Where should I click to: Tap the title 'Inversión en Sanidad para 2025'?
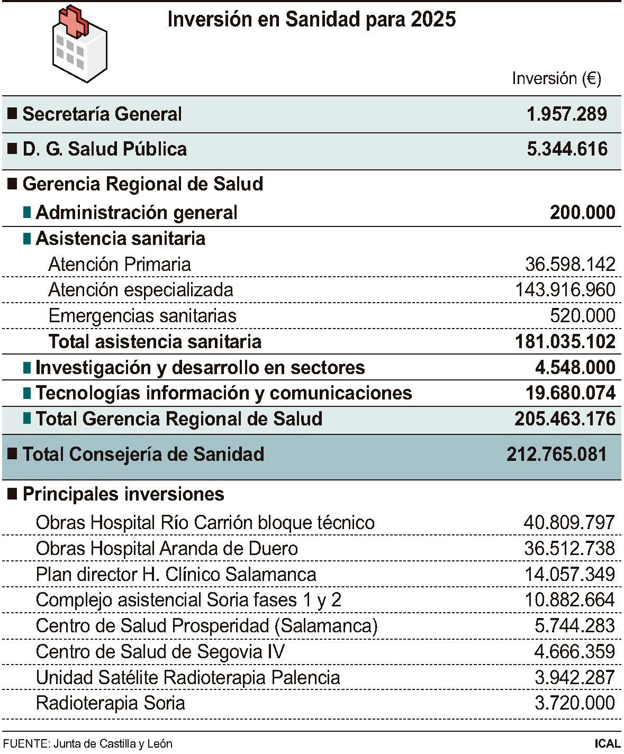click(311, 20)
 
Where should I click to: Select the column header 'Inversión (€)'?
click(556, 78)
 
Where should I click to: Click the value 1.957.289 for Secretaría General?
click(566, 114)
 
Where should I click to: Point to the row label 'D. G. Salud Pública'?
click(104, 149)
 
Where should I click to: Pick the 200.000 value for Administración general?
click(582, 212)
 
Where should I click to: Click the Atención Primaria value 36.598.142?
click(570, 264)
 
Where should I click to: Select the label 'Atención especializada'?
click(140, 289)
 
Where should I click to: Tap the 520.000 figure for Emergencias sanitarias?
click(582, 315)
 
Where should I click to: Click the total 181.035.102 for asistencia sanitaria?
click(565, 341)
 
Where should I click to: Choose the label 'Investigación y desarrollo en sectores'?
click(200, 367)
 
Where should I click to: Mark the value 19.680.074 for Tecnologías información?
click(570, 393)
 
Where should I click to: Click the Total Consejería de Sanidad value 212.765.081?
click(556, 454)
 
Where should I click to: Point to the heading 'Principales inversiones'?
click(123, 494)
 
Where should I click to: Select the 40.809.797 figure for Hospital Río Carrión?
click(569, 522)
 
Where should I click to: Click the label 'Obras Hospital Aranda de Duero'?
click(167, 548)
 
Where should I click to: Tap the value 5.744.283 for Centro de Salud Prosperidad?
click(574, 625)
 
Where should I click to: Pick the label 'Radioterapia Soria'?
click(110, 703)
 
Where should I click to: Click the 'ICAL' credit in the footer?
click(607, 743)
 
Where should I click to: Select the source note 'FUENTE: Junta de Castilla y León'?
click(87, 743)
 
